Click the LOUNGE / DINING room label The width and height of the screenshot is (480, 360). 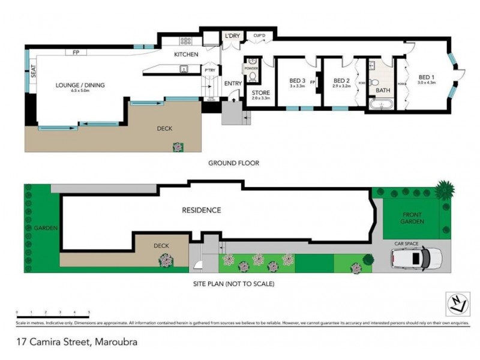click(x=80, y=85)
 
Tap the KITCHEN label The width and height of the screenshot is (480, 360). click(x=186, y=55)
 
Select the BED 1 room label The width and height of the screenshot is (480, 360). click(x=426, y=77)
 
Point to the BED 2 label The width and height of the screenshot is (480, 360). click(x=341, y=81)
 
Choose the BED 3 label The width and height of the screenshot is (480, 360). click(x=297, y=81)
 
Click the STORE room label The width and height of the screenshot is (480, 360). click(x=261, y=93)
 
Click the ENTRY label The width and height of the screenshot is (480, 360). click(x=233, y=83)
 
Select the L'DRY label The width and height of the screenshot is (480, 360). click(x=232, y=37)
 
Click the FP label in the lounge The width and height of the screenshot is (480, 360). click(x=76, y=53)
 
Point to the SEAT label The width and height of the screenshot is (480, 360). click(x=34, y=73)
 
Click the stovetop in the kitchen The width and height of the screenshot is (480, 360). click(x=186, y=41)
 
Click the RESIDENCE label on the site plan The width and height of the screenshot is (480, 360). click(x=202, y=210)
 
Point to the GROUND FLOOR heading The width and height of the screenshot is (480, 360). click(x=233, y=163)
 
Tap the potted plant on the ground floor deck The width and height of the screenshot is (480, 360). click(x=178, y=146)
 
